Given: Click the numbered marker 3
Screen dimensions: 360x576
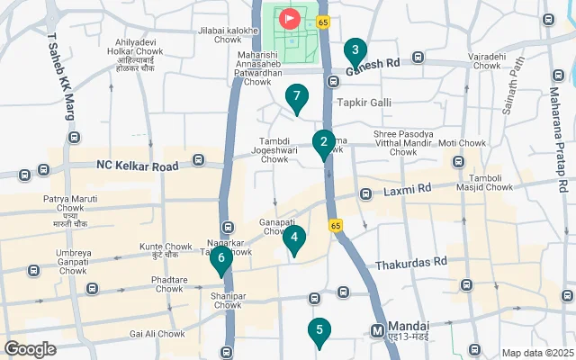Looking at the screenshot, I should [355, 50].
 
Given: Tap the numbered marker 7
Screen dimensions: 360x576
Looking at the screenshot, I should [297, 97].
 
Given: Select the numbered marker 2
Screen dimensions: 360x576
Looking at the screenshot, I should [324, 142].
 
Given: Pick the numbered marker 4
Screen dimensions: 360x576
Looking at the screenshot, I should [294, 238].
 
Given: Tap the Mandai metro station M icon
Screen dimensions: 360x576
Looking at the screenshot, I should [378, 330].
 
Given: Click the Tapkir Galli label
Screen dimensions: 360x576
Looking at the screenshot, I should [364, 103].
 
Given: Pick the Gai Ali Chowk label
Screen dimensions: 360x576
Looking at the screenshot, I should [157, 334].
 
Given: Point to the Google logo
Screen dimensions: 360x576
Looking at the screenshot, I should [30, 348].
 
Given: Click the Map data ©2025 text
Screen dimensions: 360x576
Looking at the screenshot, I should [535, 353].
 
